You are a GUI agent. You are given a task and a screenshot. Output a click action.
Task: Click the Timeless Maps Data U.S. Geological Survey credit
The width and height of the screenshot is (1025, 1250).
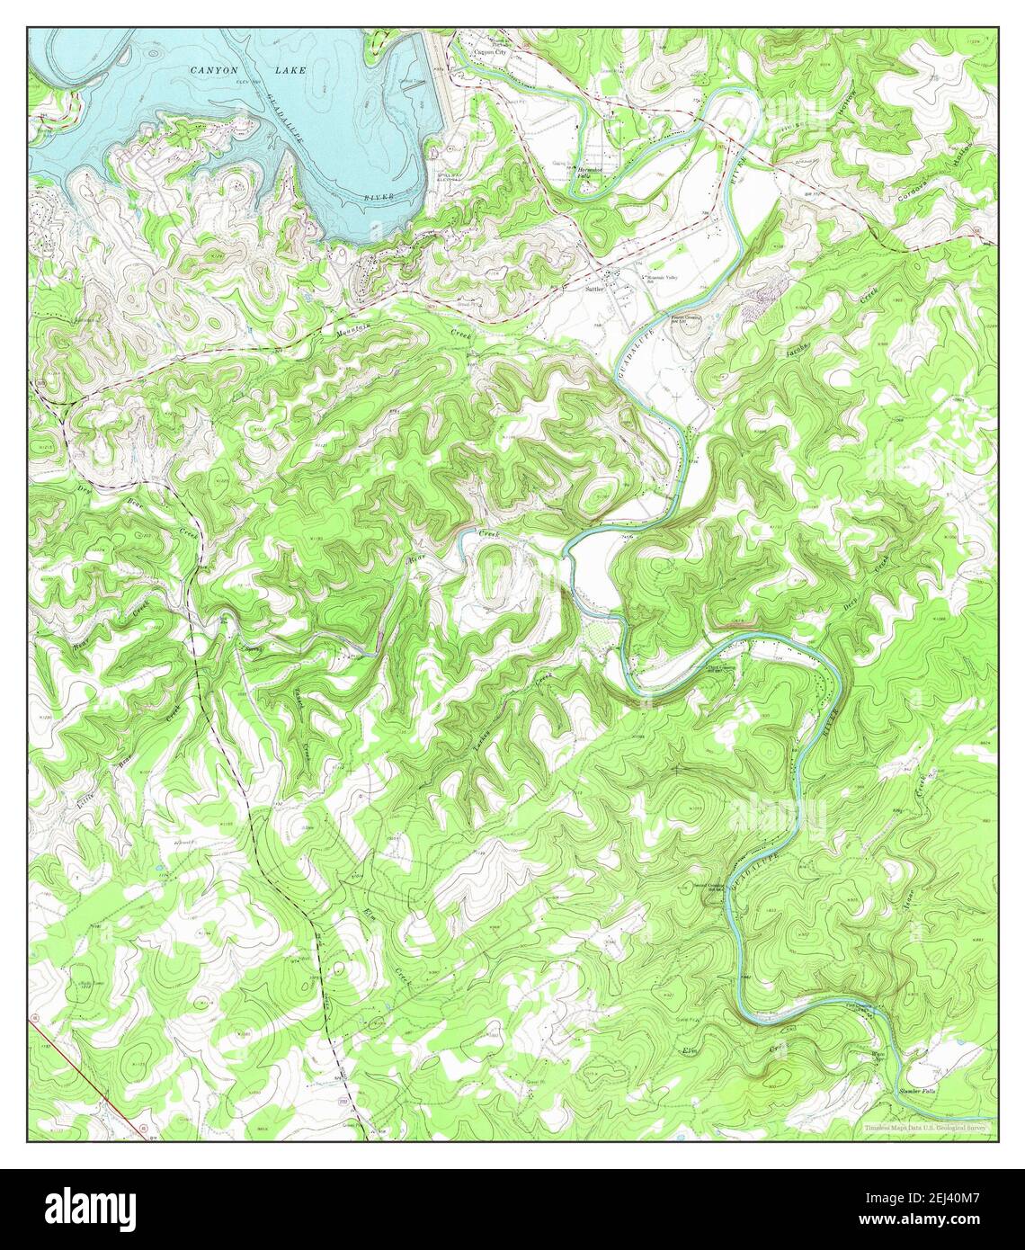pyautogui.click(x=926, y=1127)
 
